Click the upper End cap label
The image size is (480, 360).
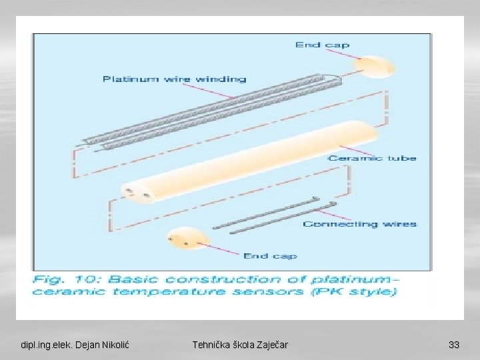(x=323, y=45)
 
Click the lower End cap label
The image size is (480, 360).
(x=270, y=256)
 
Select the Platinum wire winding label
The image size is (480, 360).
(x=174, y=79)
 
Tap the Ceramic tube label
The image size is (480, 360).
(x=372, y=159)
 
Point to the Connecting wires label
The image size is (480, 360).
(x=360, y=224)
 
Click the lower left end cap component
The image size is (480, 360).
(x=186, y=240)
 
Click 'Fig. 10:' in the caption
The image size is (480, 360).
(x=61, y=279)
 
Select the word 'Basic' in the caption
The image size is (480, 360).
(x=133, y=279)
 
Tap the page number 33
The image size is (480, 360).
(x=454, y=345)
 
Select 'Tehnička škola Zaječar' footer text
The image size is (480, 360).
(x=240, y=345)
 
